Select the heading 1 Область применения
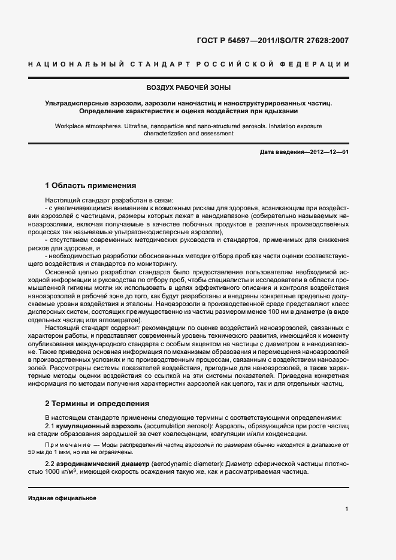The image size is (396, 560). (x=90, y=186)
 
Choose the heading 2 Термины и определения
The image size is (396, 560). (x=93, y=403)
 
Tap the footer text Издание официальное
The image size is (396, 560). (x=62, y=498)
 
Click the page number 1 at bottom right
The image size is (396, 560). (x=347, y=509)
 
